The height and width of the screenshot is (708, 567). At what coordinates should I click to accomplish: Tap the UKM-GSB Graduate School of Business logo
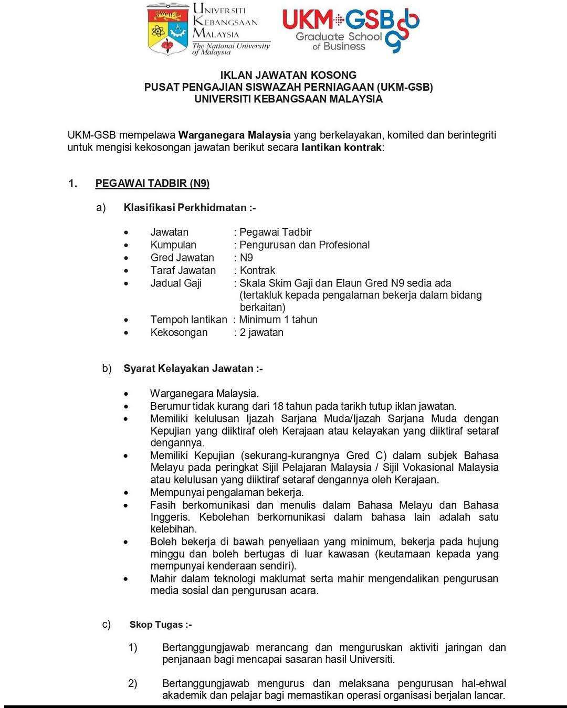[x=350, y=29]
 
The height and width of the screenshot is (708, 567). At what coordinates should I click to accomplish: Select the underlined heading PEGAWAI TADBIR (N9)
[x=152, y=183]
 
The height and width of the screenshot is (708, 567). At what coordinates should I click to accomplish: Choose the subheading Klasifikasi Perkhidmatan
[x=189, y=207]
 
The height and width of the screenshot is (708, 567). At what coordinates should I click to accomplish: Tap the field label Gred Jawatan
[x=182, y=258]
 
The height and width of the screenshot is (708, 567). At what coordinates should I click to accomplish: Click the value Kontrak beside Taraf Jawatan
[x=257, y=270]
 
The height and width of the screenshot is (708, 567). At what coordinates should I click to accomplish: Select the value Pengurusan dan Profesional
[x=304, y=245]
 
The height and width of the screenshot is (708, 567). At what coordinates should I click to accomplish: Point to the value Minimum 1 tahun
[x=278, y=320]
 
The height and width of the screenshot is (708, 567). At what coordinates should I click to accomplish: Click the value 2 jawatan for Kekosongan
[x=261, y=332]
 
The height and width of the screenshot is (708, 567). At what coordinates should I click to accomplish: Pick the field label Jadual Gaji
[x=176, y=283]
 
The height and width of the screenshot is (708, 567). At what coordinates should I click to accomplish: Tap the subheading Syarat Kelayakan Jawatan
[x=193, y=368]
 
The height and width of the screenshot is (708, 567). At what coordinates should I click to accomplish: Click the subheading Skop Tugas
[x=160, y=625]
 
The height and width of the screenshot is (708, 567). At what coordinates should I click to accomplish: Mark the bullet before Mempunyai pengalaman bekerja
[x=126, y=493]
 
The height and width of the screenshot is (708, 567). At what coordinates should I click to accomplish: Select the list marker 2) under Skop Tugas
[x=133, y=683]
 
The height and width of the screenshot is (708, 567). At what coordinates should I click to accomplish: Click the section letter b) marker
[x=107, y=368]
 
